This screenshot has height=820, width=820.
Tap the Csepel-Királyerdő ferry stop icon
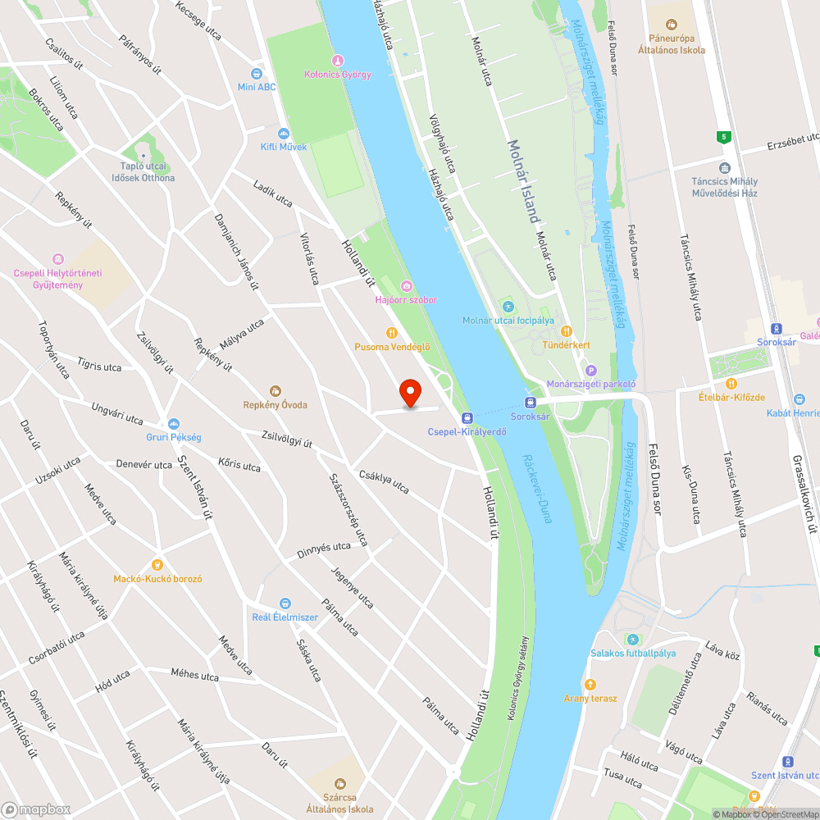pyautogui.click(x=467, y=417)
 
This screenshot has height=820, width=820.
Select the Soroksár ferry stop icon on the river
pyautogui.click(x=531, y=403)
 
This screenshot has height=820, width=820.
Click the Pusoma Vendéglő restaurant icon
pyautogui.click(x=391, y=333)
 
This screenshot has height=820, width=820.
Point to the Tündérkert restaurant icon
pyautogui.click(x=566, y=331)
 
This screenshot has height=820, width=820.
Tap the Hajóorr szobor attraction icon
pyautogui.click(x=406, y=285)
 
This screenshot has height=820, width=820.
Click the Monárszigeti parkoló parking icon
pyautogui.click(x=591, y=370)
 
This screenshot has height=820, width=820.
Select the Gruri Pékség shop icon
pyautogui.click(x=174, y=424)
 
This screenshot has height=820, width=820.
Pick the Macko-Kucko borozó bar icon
pyautogui.click(x=157, y=564)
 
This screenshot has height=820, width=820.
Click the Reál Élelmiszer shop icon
pyautogui.click(x=285, y=604)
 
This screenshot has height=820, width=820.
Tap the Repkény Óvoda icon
pyautogui.click(x=276, y=391)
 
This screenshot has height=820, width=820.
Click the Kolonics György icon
pyautogui.click(x=337, y=61)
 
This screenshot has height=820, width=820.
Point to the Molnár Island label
pyautogui.click(x=523, y=181)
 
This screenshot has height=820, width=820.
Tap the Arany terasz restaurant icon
pyautogui.click(x=590, y=685)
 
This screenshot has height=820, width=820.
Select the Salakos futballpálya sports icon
pyautogui.click(x=632, y=640)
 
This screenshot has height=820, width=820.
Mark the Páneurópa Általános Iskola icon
pyautogui.click(x=672, y=25)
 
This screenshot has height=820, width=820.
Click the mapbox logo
pyautogui.click(x=37, y=809)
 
